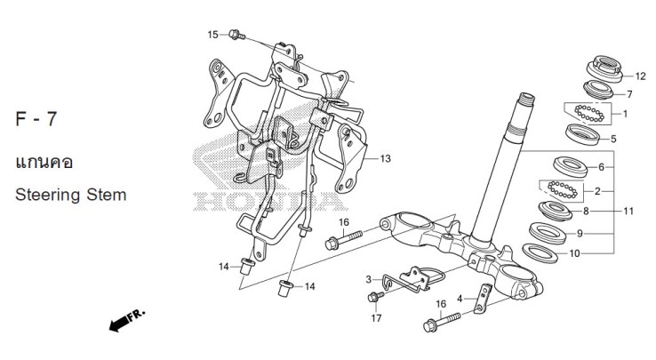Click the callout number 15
pyautogui.click(x=212, y=35)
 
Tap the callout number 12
pyautogui.click(x=639, y=76)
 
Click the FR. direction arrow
pyautogui.click(x=125, y=322)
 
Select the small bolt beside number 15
pyautogui.click(x=235, y=36)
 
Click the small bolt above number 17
pyautogui.click(x=377, y=295)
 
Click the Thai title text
pyautogui.click(x=44, y=163)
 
